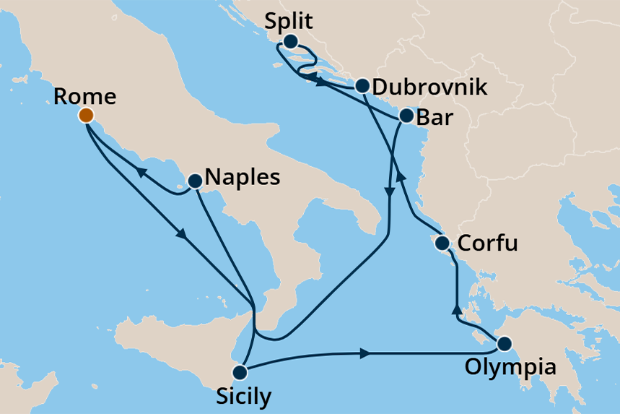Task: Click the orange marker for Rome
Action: click(x=86, y=115)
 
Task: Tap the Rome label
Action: click(x=84, y=96)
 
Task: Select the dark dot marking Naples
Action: click(x=194, y=181)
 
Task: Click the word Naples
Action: click(x=243, y=177)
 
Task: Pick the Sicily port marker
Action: click(x=240, y=373)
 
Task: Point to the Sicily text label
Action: click(x=243, y=397)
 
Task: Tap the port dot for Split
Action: click(x=290, y=42)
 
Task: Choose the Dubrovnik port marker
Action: click(x=362, y=85)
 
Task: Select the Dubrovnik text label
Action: click(x=430, y=87)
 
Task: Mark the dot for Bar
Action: click(x=406, y=116)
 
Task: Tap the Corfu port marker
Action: click(x=443, y=243)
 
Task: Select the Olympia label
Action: click(x=510, y=367)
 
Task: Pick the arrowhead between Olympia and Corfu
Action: click(x=456, y=309)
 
